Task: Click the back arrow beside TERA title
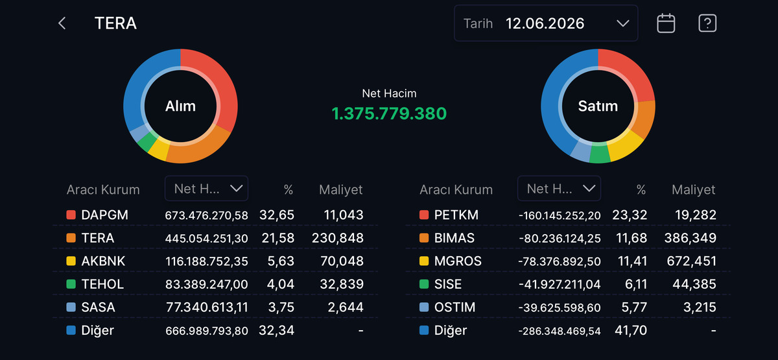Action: [62, 23]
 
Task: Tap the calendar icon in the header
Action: [666, 23]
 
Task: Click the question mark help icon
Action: [707, 23]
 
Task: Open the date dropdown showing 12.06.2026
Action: [546, 23]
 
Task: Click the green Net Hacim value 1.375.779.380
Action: [389, 114]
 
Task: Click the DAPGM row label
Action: [104, 215]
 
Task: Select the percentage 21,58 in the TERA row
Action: [278, 238]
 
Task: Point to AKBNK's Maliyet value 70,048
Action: [342, 261]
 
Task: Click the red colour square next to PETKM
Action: [424, 215]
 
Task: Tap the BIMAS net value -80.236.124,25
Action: [560, 239]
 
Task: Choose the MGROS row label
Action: [458, 261]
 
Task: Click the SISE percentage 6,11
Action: [636, 284]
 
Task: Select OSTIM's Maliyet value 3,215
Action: [700, 307]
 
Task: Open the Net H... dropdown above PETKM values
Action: [559, 188]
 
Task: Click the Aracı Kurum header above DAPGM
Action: [103, 189]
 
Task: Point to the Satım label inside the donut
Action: [598, 106]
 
